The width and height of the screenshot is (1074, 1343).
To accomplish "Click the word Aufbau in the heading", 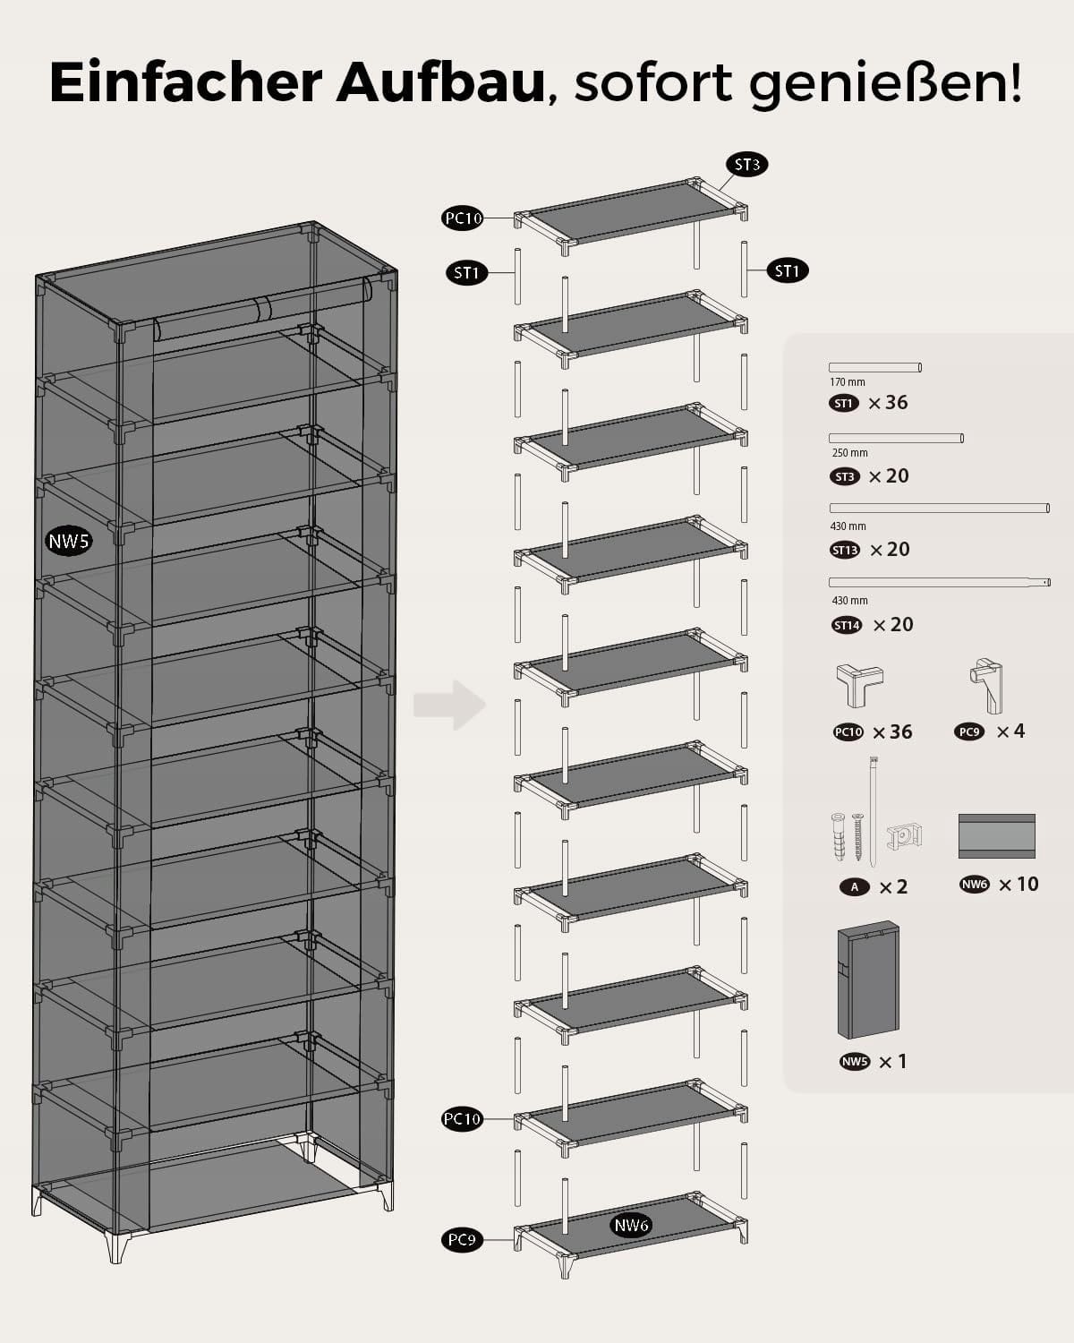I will tap(440, 82).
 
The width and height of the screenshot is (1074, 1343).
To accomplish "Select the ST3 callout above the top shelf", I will tap(746, 164).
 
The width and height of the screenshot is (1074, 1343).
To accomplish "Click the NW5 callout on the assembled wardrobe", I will tap(69, 541).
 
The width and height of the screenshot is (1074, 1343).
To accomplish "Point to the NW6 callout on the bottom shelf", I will tap(631, 1225).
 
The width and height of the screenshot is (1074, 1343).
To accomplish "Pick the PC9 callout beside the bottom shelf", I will tap(462, 1240).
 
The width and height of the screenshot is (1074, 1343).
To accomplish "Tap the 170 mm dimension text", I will tap(848, 382).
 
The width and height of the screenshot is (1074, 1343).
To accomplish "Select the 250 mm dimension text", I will tap(849, 453).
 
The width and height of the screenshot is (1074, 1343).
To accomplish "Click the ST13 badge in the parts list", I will tap(845, 550).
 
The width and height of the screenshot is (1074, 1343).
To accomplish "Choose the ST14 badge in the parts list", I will tap(847, 625).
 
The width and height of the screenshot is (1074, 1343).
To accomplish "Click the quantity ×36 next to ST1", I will tap(888, 403).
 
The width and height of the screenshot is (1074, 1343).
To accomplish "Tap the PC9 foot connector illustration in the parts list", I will tap(986, 684).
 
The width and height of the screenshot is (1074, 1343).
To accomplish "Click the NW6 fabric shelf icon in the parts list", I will tap(996, 835).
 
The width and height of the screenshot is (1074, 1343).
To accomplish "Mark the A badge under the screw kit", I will tap(855, 887).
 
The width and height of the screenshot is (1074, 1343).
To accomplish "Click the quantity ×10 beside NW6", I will tap(1019, 885).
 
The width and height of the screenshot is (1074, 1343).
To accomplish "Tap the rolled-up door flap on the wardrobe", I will tap(260, 310).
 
